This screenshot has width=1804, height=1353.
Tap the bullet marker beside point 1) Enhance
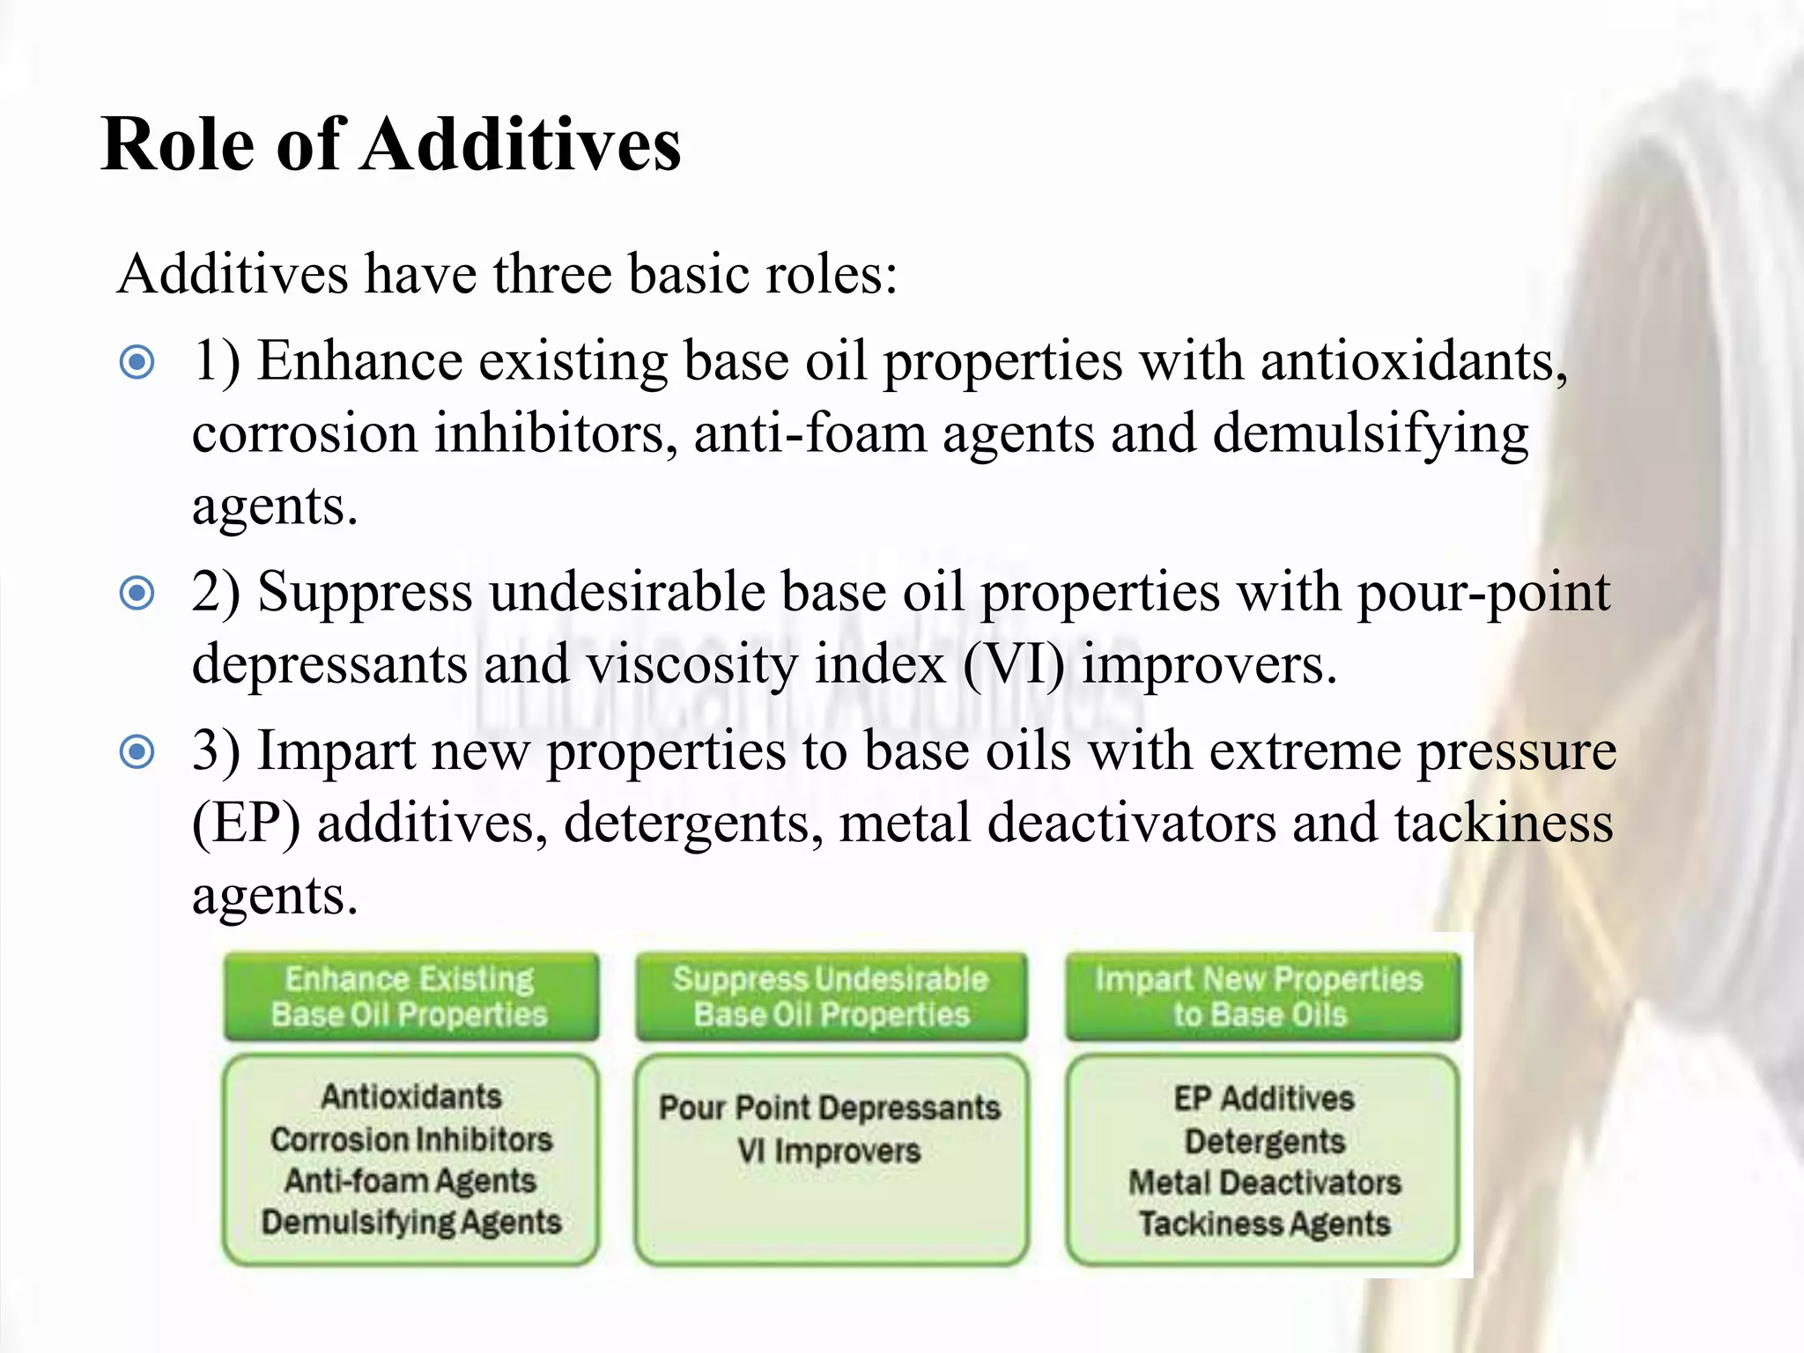pyautogui.click(x=137, y=362)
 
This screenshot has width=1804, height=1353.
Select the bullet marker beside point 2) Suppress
pyautogui.click(x=137, y=593)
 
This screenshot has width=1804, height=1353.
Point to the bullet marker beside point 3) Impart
pyautogui.click(x=137, y=752)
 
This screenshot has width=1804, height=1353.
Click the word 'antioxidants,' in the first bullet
pyautogui.click(x=1414, y=361)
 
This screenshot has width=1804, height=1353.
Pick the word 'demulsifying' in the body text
pyautogui.click(x=1371, y=434)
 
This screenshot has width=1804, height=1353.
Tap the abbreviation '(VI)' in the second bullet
pyautogui.click(x=1013, y=664)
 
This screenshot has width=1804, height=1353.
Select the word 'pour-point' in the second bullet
pyautogui.click(x=1483, y=592)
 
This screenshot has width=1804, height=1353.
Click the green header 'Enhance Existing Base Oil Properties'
pyautogui.click(x=410, y=996)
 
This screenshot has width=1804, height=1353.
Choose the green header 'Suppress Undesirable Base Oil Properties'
pyautogui.click(x=831, y=996)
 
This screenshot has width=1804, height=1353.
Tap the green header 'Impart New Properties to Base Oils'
pyautogui.click(x=1261, y=996)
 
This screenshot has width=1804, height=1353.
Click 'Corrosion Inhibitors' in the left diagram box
pyautogui.click(x=411, y=1140)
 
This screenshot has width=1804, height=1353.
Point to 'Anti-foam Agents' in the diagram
pyautogui.click(x=410, y=1181)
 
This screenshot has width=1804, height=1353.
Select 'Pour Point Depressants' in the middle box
pyautogui.click(x=830, y=1108)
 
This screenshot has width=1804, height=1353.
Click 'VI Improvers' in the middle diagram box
pyautogui.click(x=830, y=1151)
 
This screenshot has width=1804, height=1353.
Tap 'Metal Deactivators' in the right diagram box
pyautogui.click(x=1265, y=1183)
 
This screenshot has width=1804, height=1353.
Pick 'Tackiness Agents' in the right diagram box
pyautogui.click(x=1265, y=1224)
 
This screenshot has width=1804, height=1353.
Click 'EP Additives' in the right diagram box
pyautogui.click(x=1265, y=1098)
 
